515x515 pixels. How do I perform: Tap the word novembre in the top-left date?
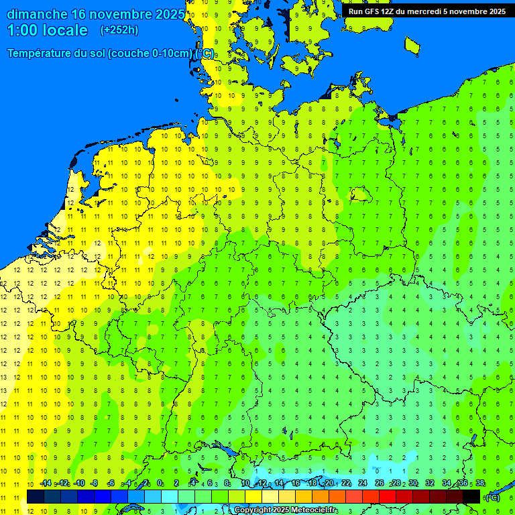[121, 14]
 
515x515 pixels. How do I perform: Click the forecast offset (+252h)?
[119, 30]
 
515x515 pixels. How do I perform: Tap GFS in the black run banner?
[371, 11]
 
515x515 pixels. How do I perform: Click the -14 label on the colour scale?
[45, 483]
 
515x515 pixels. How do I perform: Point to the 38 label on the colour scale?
[479, 483]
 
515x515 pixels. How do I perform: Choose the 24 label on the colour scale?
[363, 483]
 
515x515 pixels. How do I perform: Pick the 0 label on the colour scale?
[160, 483]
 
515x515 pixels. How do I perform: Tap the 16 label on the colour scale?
[296, 483]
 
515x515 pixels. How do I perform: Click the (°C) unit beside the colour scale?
[492, 498]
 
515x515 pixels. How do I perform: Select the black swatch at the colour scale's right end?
[471, 496]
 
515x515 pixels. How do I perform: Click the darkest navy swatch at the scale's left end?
[35, 496]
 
